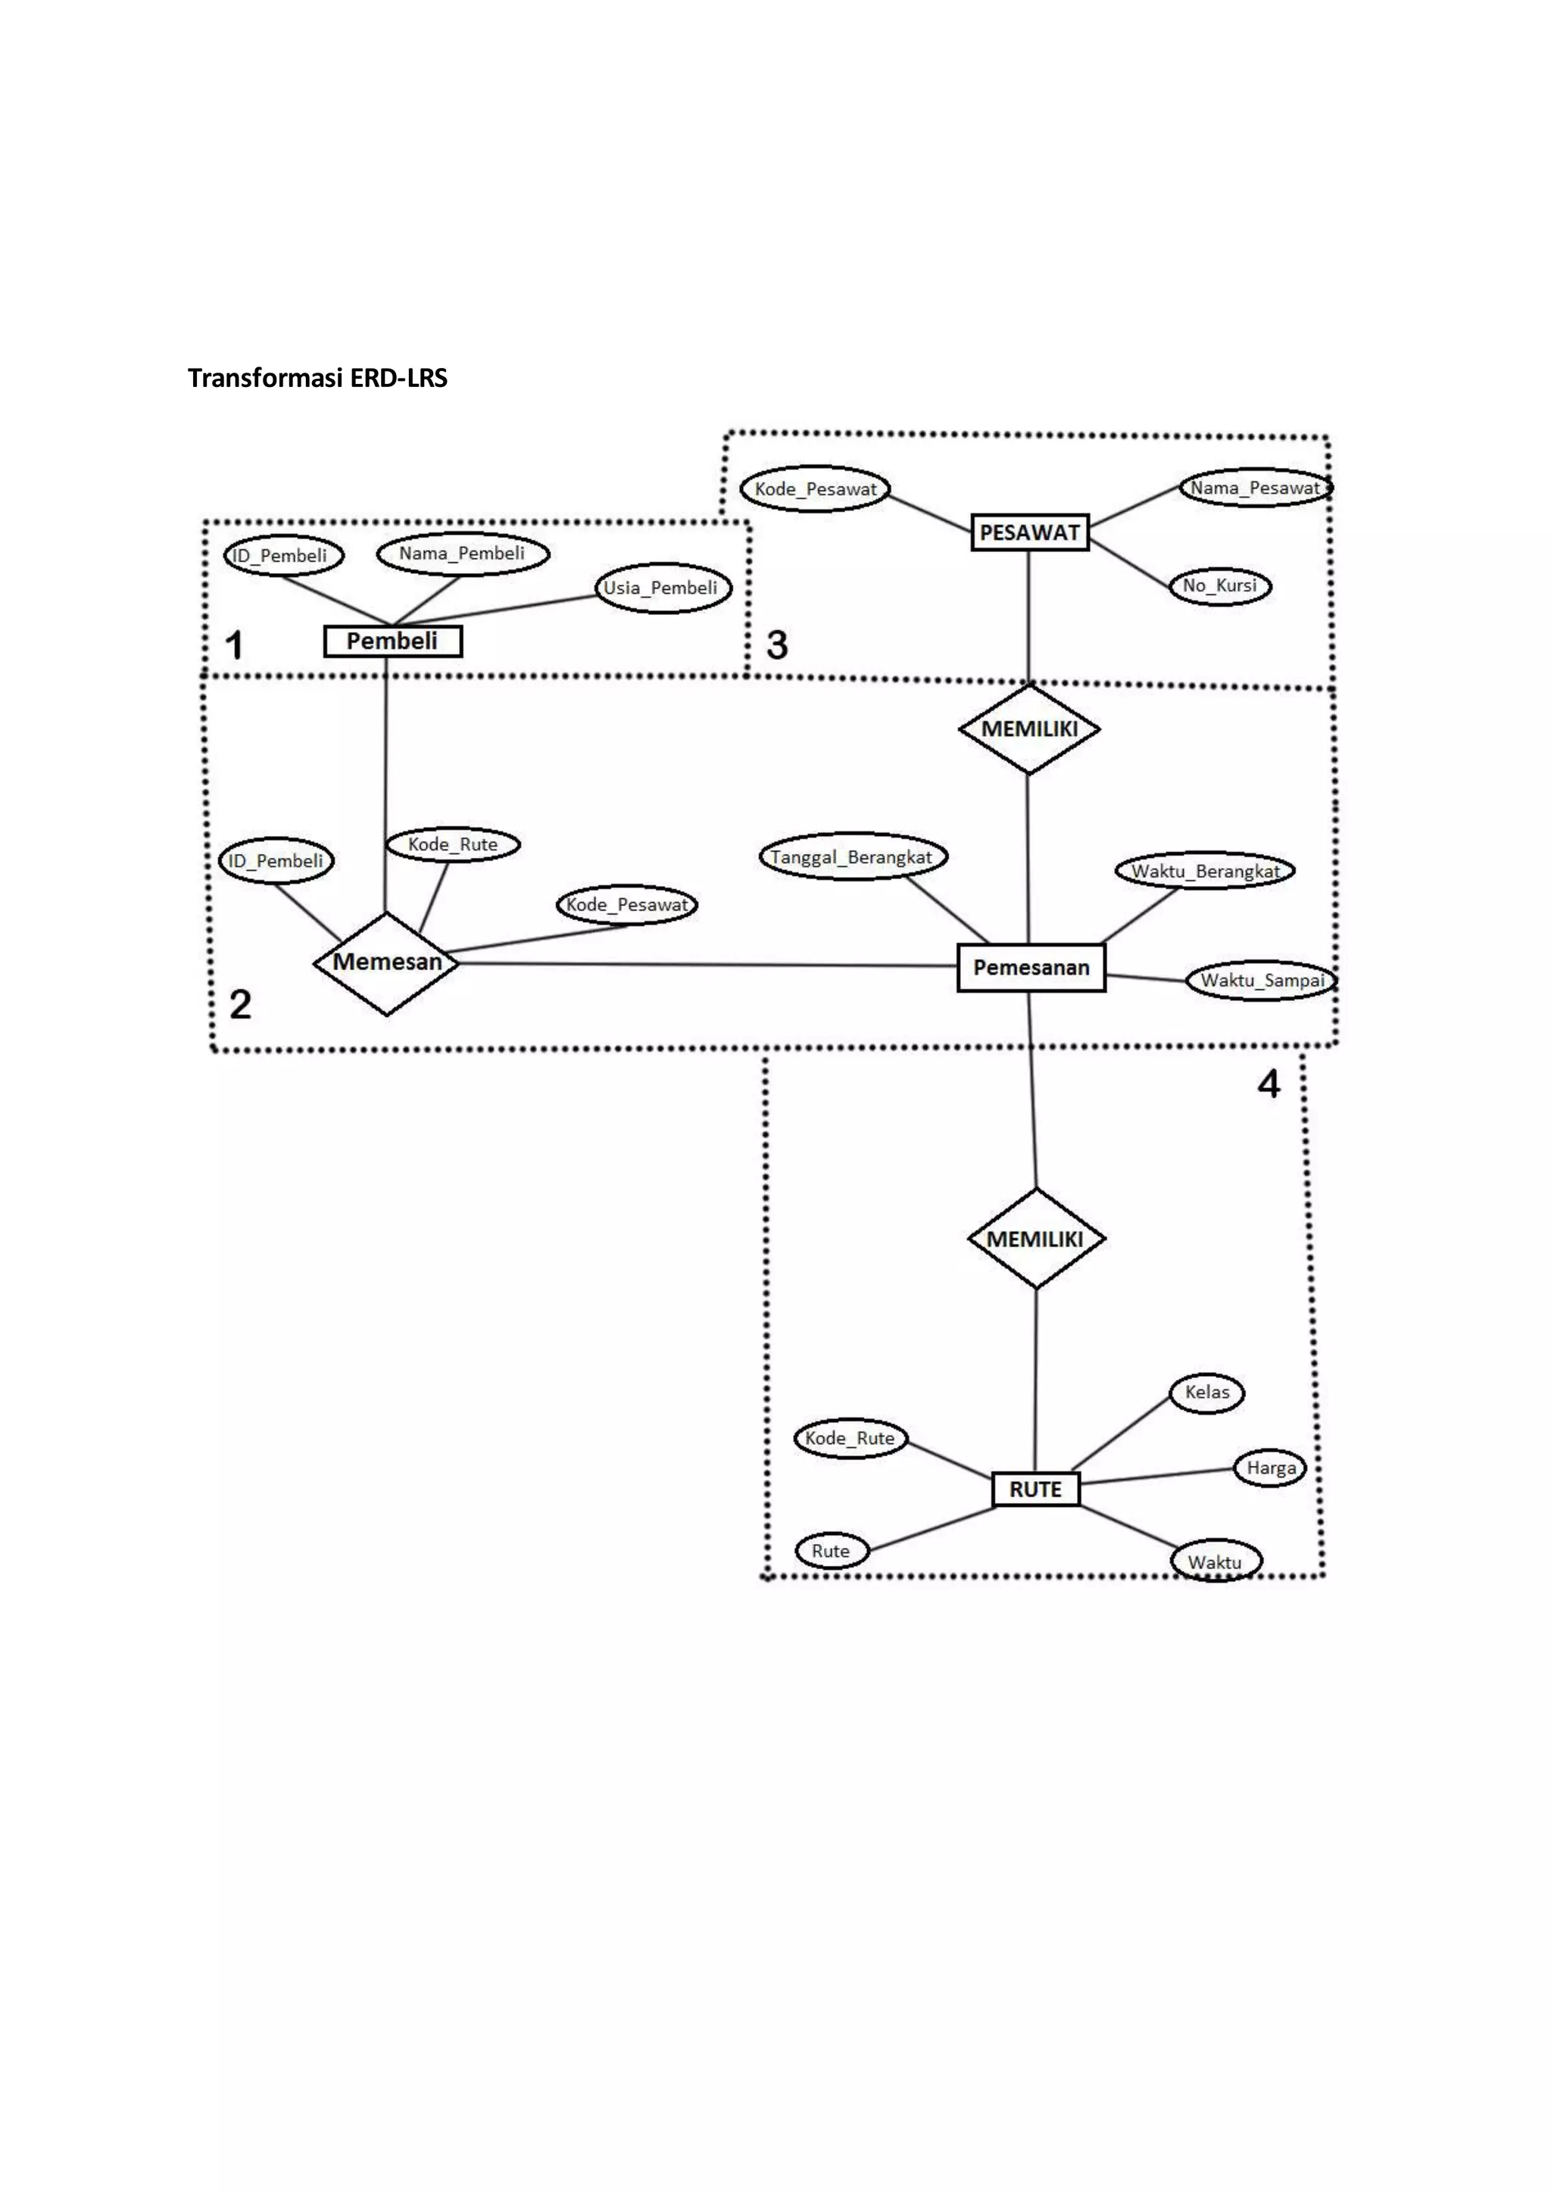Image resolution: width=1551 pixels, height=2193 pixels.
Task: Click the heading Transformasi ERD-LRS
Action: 317,378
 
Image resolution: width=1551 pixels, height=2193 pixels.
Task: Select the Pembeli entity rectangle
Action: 392,641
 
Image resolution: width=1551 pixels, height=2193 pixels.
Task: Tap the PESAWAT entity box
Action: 1029,532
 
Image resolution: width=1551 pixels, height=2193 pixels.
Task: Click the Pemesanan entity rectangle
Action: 1031,968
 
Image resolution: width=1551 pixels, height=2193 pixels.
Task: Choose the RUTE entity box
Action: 1035,1489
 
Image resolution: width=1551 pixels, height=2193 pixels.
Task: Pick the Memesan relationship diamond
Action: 387,962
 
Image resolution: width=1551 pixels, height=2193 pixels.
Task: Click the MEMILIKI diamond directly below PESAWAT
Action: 1028,728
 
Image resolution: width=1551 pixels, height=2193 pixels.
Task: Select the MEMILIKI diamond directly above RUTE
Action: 1036,1239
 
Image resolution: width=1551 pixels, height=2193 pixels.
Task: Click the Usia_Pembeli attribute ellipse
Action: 661,588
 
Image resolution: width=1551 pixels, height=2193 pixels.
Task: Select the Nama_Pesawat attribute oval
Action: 1255,488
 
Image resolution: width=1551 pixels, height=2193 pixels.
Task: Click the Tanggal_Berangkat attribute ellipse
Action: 852,856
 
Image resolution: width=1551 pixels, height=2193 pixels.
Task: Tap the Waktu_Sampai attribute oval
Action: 1262,981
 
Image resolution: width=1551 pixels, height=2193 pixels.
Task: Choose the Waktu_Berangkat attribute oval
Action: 1205,871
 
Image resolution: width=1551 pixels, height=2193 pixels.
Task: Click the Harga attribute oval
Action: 1270,1468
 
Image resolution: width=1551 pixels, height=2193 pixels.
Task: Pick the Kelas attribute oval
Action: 1207,1393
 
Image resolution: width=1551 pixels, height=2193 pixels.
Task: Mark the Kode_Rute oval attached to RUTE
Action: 850,1439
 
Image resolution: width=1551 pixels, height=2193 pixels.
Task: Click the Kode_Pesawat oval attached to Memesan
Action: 626,904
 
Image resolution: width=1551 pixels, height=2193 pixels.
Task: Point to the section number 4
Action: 1269,1084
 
